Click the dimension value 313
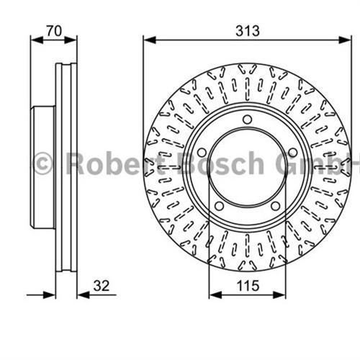tap(246, 30)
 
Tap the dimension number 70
tap(53, 30)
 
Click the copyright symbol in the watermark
tap(43, 163)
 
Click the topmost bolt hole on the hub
tap(247, 120)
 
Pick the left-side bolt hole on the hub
tap(202, 152)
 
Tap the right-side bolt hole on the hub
tap(292, 152)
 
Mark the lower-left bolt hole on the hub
tap(220, 206)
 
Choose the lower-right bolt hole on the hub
tap(275, 206)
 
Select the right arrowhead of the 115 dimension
tap(282, 294)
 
